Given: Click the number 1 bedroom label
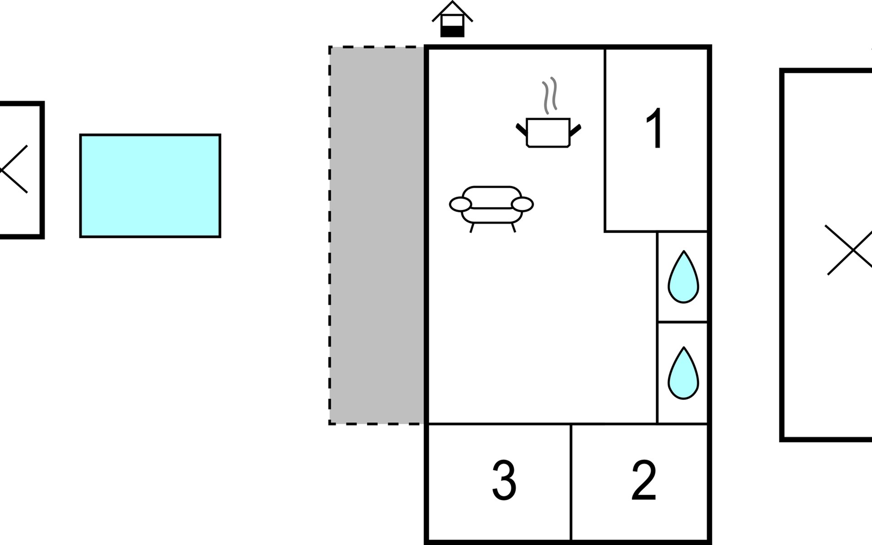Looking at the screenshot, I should pyautogui.click(x=654, y=129).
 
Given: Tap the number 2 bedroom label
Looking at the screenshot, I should pyautogui.click(x=644, y=480).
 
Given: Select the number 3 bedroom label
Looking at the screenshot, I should pyautogui.click(x=504, y=480).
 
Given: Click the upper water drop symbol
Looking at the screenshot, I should pyautogui.click(x=683, y=278).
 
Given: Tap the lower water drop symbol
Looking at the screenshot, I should pyautogui.click(x=683, y=374).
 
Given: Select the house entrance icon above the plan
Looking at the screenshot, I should pyautogui.click(x=452, y=20).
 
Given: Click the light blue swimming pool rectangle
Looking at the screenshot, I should pyautogui.click(x=150, y=185).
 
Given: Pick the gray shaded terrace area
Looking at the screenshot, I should pyautogui.click(x=377, y=235).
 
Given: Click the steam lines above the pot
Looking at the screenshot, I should pyautogui.click(x=550, y=95).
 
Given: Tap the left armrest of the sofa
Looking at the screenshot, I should pyautogui.click(x=461, y=205).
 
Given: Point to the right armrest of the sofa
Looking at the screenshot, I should pyautogui.click(x=522, y=205).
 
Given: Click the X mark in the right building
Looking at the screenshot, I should pyautogui.click(x=849, y=250).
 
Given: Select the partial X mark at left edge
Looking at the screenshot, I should pyautogui.click(x=14, y=169).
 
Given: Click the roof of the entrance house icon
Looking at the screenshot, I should pyautogui.click(x=452, y=10).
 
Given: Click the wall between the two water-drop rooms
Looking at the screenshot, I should pyautogui.click(x=683, y=322).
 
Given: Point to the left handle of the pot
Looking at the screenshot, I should pyautogui.click(x=521, y=129).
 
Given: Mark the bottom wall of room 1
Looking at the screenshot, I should pyautogui.click(x=656, y=232).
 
